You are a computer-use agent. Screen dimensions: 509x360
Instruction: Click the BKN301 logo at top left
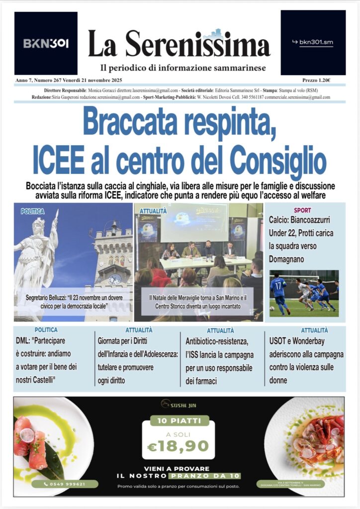tap(46, 43)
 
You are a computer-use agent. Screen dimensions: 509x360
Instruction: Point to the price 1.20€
tap(316, 80)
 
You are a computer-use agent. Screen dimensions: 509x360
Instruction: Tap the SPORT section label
tap(302, 210)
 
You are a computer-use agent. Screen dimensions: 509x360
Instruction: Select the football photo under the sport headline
tap(304, 293)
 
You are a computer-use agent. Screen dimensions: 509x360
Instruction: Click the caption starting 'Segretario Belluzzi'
tap(73, 302)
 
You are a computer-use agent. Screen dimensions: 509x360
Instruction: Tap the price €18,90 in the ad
tap(178, 446)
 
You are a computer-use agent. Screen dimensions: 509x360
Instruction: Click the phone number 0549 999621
tap(65, 484)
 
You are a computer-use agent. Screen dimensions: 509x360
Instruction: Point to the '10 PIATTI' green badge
tap(179, 421)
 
